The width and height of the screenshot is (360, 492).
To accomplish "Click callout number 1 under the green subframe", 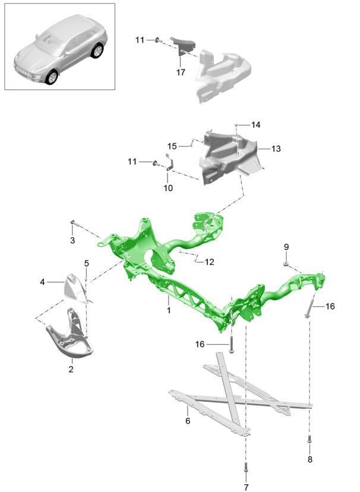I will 168,310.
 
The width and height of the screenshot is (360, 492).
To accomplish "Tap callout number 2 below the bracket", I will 71,370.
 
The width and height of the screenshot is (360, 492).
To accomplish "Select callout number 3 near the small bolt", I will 72,240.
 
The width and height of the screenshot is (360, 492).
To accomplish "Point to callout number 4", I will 42,282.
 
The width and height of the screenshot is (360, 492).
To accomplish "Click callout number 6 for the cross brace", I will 188,421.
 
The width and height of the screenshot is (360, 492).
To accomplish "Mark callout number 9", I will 286,246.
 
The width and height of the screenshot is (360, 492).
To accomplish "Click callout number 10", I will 168,188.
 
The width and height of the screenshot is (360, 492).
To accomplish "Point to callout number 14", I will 255,125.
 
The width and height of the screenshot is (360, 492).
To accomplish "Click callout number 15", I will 172,146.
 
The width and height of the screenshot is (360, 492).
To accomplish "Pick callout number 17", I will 181,72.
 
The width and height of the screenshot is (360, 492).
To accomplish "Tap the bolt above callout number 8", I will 309,440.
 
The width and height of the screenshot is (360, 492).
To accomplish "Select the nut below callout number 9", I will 286,263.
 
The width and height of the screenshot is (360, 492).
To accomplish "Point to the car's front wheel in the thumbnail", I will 53,78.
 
